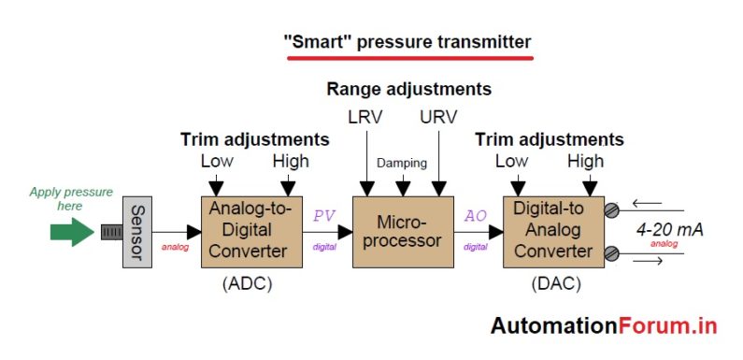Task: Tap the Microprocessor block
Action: point(402,232)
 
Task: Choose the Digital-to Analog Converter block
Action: point(552,232)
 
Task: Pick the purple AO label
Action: point(475,215)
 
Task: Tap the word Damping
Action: point(402,162)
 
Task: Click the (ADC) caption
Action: point(247,282)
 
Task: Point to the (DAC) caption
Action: point(555,282)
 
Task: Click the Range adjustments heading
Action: point(408,90)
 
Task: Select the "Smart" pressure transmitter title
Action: point(407,42)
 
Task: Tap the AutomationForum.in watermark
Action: point(604,325)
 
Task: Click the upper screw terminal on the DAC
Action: point(612,210)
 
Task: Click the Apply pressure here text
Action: point(71,198)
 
